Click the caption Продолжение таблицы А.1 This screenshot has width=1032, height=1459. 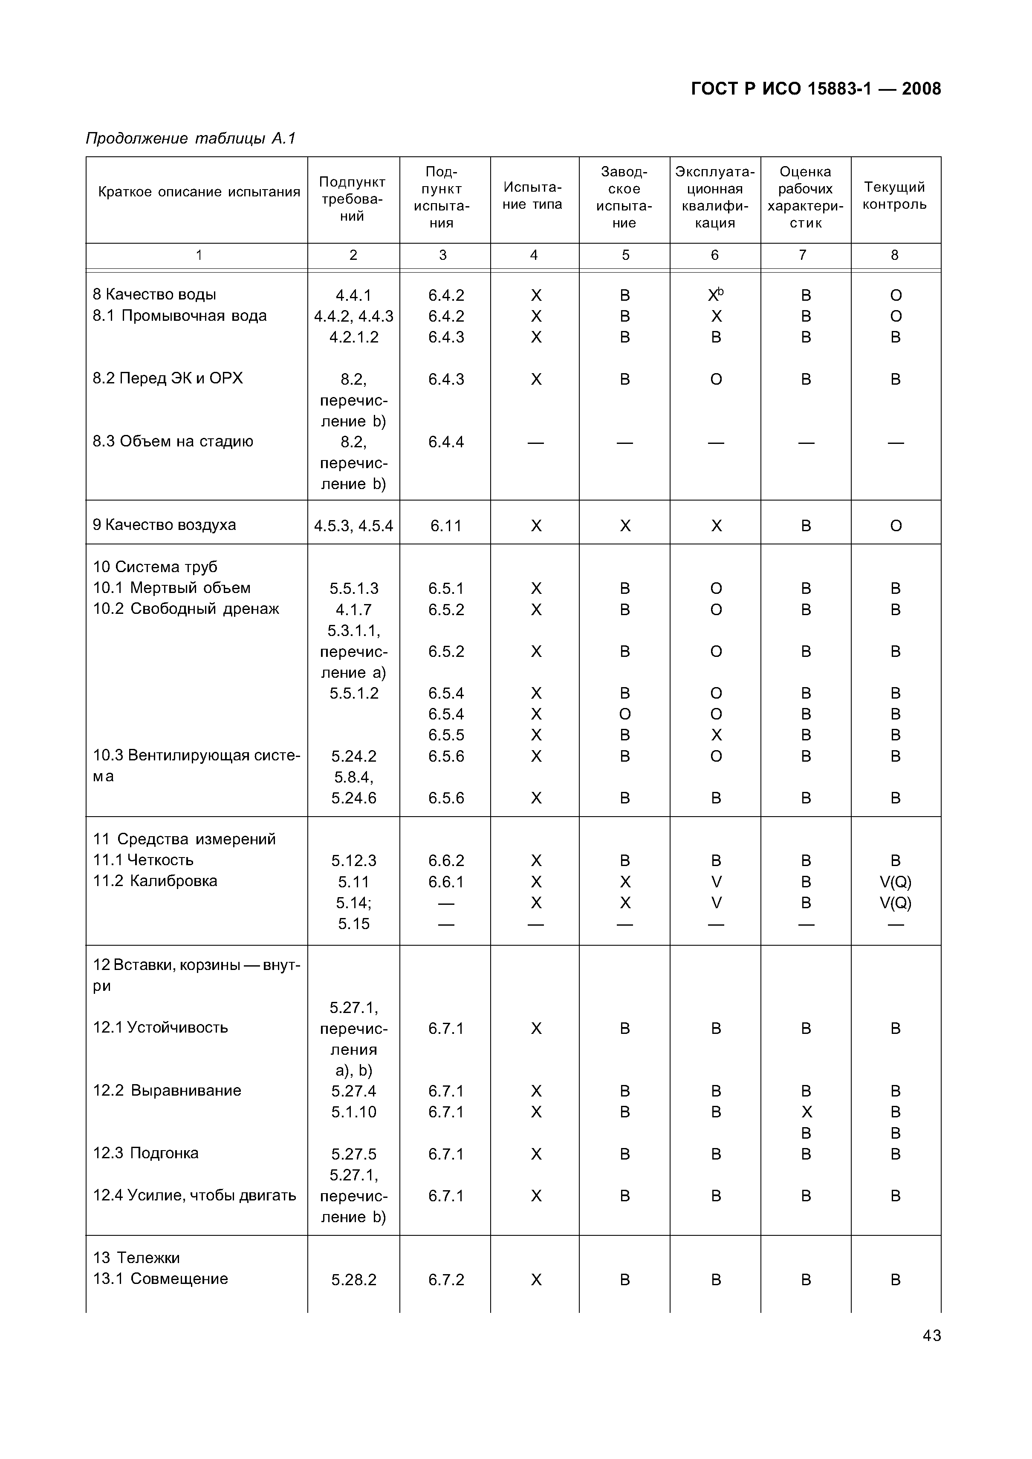click(191, 138)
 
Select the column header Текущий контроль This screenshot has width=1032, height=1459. click(895, 196)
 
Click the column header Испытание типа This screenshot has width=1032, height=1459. click(533, 196)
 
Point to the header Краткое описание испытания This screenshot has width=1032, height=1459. click(198, 192)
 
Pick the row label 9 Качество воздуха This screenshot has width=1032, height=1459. click(164, 525)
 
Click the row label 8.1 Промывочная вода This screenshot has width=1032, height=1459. click(179, 316)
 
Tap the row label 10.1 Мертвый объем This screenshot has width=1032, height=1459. click(172, 588)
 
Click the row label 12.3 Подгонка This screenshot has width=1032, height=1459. click(146, 1153)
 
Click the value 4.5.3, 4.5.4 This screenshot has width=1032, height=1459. click(353, 526)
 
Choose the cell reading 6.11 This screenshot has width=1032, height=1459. click(446, 526)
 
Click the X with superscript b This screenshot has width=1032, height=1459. click(716, 295)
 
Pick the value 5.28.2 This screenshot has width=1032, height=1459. click(353, 1280)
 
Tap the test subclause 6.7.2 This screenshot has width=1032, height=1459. click(446, 1280)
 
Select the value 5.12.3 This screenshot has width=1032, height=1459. click(353, 861)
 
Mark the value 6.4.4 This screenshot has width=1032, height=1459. click(446, 442)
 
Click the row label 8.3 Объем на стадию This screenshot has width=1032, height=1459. click(173, 442)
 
